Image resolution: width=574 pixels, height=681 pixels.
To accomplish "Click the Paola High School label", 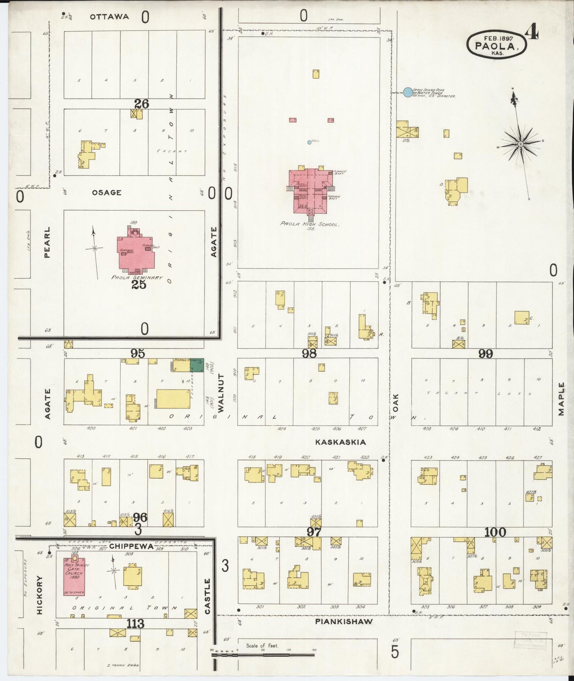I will click(309, 224).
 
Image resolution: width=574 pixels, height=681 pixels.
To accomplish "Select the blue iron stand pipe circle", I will click(408, 93).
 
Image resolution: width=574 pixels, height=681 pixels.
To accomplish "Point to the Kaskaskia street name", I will click(340, 442).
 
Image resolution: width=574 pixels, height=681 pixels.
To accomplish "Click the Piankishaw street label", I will click(344, 621).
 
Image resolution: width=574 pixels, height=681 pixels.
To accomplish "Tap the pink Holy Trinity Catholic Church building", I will click(74, 577).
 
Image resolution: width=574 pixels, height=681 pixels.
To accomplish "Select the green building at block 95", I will click(196, 365).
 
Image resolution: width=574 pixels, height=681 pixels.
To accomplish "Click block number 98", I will click(309, 353).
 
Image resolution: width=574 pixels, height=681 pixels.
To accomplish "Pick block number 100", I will click(495, 532).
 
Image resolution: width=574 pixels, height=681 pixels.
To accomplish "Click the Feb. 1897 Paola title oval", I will click(497, 44).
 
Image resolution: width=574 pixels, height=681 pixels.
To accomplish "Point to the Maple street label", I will click(561, 399).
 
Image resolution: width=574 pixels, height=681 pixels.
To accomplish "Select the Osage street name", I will click(106, 192).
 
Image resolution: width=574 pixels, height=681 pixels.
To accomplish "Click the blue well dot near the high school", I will click(309, 142).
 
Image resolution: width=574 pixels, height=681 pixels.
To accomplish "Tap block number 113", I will click(135, 624).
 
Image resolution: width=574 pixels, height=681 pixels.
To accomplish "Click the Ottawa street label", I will click(109, 17).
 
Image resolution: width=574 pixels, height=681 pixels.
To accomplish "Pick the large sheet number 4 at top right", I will click(532, 32).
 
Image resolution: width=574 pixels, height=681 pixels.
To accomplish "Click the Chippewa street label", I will click(131, 546).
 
